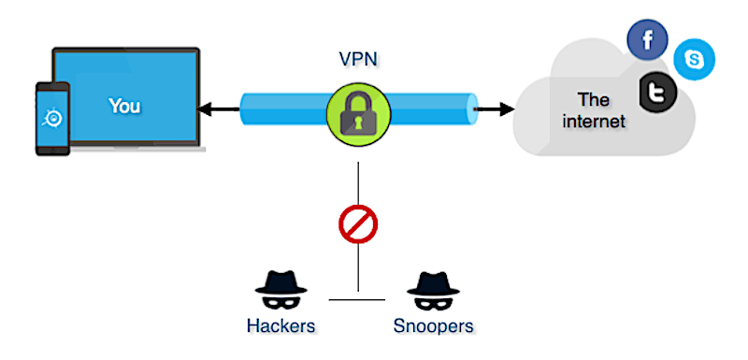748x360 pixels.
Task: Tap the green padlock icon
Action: click(x=357, y=110)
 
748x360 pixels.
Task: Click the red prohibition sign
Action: click(x=357, y=225)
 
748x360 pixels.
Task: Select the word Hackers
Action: click(x=280, y=326)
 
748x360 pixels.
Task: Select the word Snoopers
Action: click(x=432, y=326)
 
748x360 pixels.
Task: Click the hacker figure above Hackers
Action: click(x=280, y=291)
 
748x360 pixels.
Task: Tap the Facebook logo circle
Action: click(x=646, y=40)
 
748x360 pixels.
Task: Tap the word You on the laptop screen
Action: click(x=124, y=106)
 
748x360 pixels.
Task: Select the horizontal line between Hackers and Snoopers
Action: click(x=357, y=299)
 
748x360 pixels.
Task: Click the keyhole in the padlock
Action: click(x=357, y=119)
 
